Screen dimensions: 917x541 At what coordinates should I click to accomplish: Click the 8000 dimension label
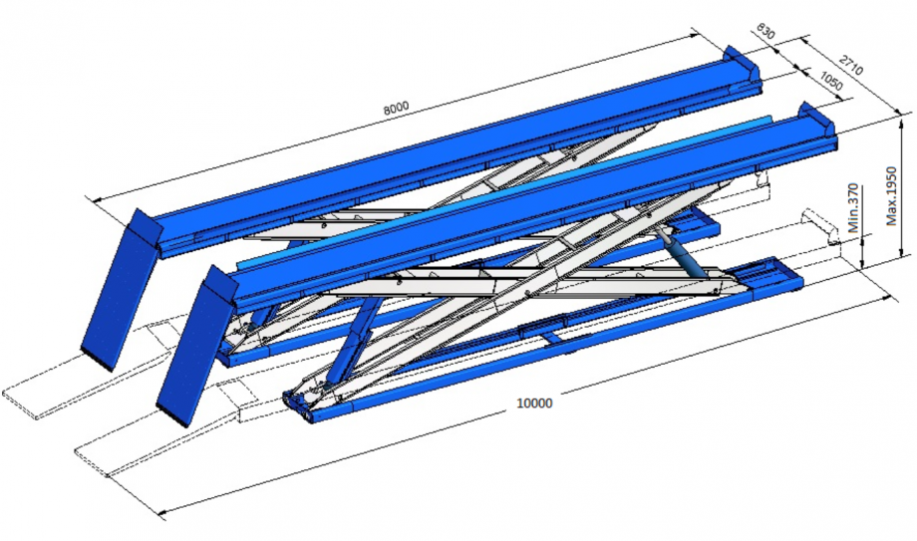396,108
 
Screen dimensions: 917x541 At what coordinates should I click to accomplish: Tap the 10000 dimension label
534,403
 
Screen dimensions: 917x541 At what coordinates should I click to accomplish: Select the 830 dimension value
765,31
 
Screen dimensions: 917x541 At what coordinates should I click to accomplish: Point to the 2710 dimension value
851,65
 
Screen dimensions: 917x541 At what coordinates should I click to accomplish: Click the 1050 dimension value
831,82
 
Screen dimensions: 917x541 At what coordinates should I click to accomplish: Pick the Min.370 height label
853,208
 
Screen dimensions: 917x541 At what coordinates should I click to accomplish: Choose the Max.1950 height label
891,196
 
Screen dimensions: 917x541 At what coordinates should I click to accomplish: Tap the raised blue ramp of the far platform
121,290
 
